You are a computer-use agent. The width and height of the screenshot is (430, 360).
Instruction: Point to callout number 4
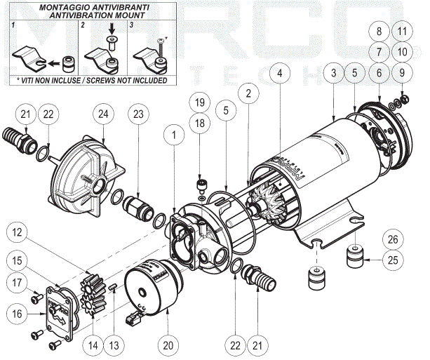(x=280, y=72)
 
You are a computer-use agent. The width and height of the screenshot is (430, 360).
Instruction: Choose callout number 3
(x=334, y=73)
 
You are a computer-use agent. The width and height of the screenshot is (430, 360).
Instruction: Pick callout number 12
(x=19, y=231)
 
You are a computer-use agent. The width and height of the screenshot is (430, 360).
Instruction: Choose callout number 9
(x=401, y=72)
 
